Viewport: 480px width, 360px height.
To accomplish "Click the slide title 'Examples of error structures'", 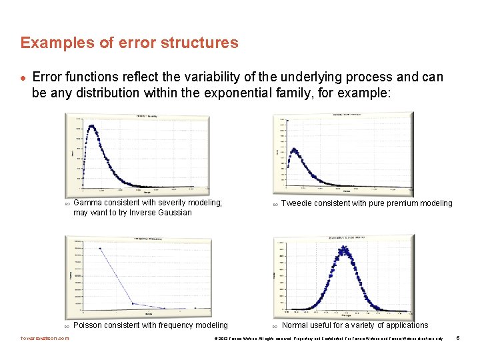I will point(129,43).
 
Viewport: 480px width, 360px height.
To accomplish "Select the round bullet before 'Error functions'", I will point(23,78).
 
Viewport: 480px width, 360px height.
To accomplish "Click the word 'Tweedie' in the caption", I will point(297,203).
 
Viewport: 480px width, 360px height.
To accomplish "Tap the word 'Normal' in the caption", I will point(296,325).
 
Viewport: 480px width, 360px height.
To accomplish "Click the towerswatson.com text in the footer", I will point(45,339).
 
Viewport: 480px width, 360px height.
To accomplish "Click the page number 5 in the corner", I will point(457,339).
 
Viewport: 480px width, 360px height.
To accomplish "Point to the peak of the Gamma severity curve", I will point(91,126).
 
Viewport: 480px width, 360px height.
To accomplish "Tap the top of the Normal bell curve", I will point(345,249).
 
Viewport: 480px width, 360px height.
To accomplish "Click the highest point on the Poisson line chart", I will point(100,249).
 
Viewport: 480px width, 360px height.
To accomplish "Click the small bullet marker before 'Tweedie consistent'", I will point(274,204).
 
